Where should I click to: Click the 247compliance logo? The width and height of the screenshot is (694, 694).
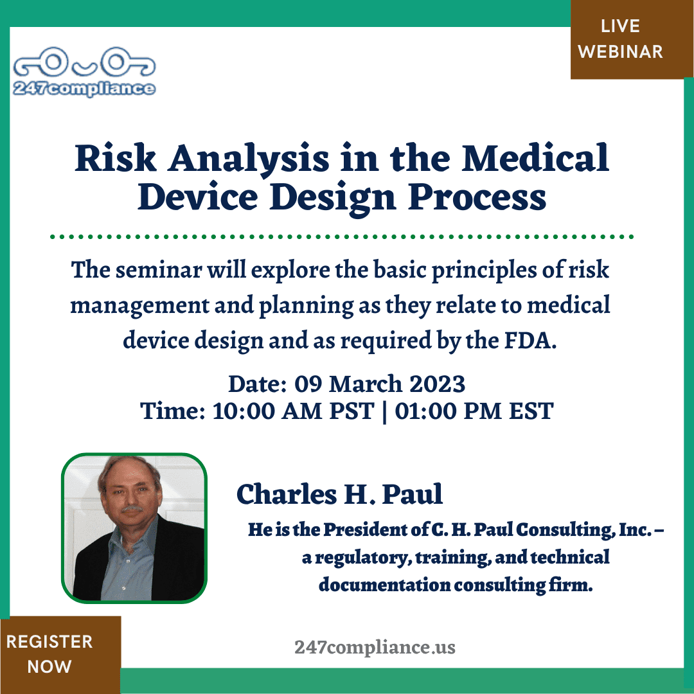pos(84,72)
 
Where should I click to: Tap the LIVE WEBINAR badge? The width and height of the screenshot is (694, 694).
pos(620,39)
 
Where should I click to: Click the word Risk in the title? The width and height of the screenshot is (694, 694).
pos(116,158)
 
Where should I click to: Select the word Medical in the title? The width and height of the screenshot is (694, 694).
pos(535,157)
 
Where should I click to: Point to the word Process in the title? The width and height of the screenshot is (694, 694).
pos(477,197)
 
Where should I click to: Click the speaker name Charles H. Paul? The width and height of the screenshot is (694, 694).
pos(339,494)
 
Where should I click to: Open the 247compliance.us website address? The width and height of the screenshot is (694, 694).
pos(375,647)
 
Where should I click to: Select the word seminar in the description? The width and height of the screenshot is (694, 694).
pos(159,269)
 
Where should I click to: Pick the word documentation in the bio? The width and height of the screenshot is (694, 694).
pos(384,585)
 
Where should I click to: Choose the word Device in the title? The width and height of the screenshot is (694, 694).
pos(198,197)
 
